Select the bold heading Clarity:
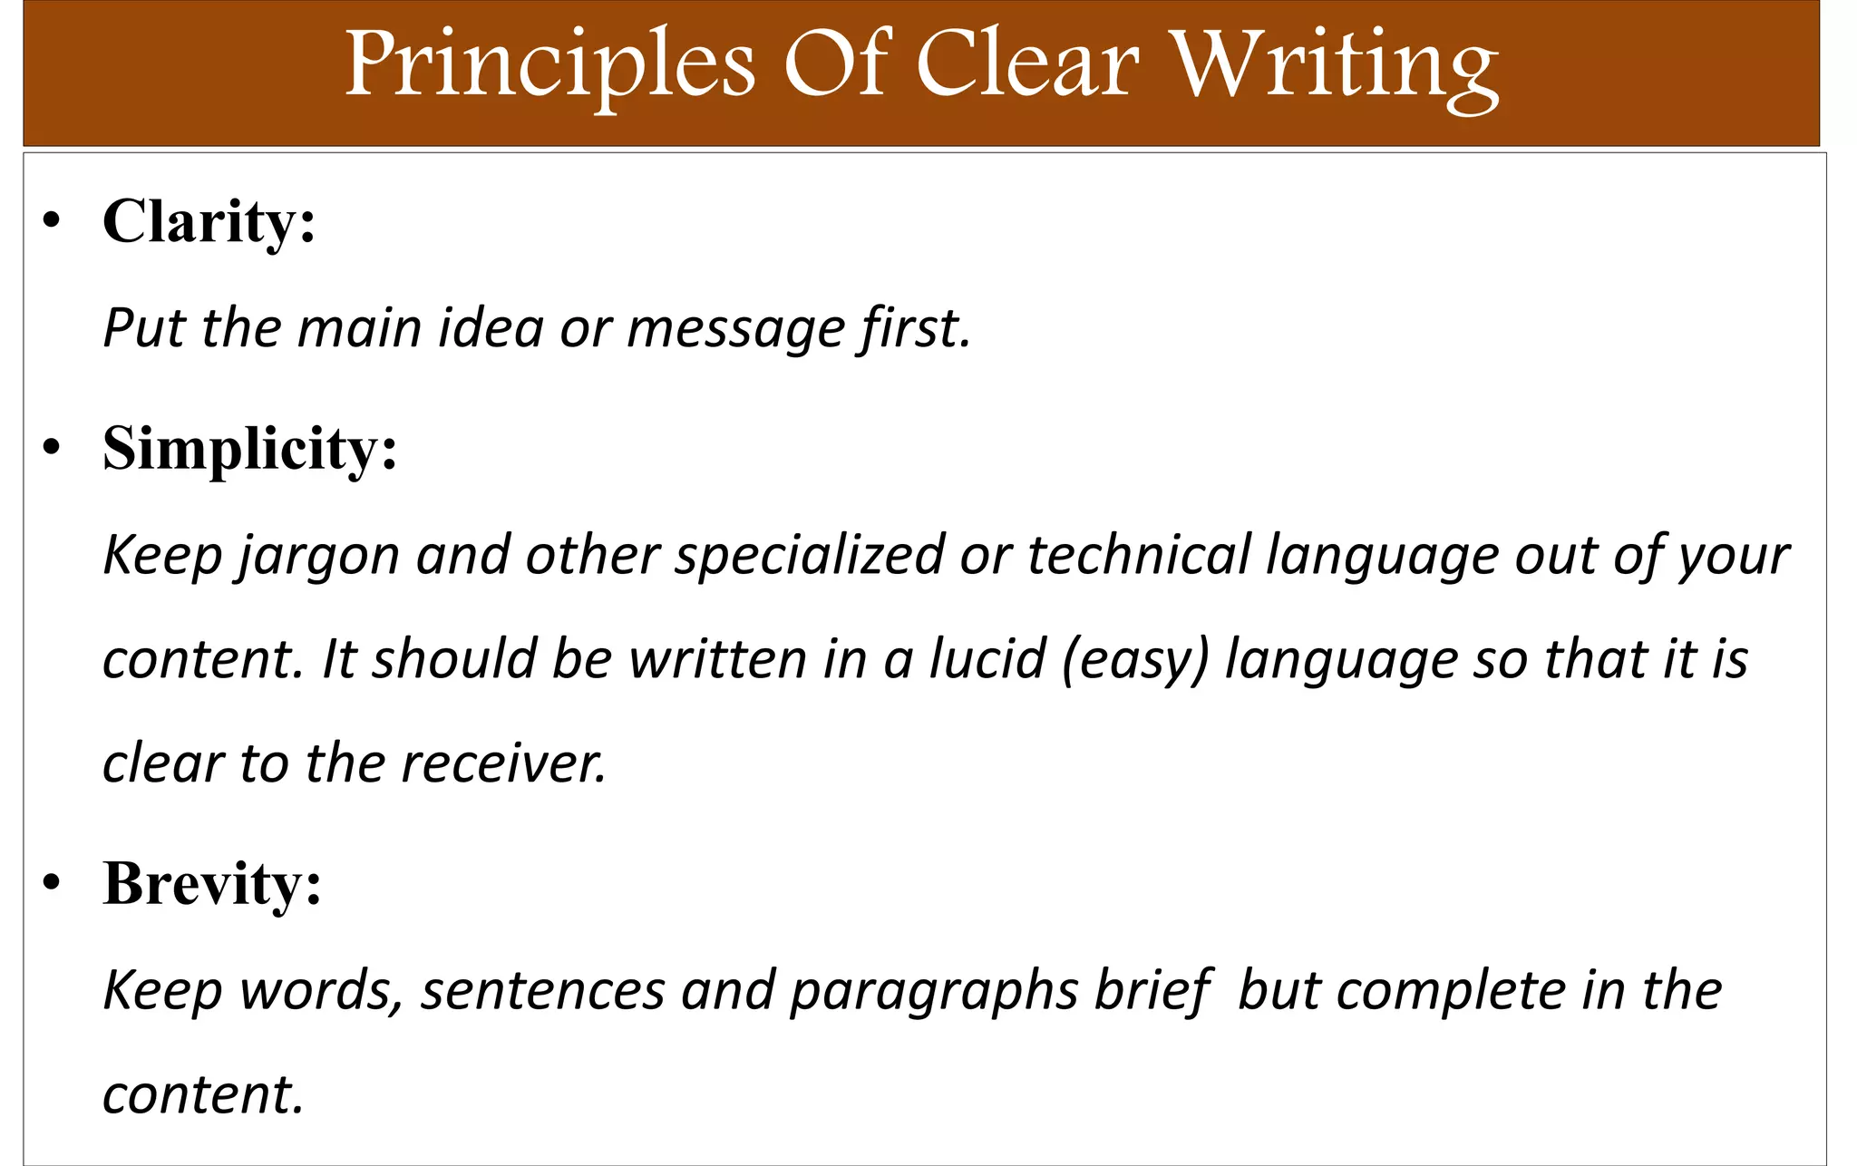(209, 221)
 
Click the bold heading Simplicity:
(250, 448)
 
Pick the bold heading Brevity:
(212, 883)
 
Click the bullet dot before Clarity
(53, 221)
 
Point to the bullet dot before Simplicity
(53, 448)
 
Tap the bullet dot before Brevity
(53, 883)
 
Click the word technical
(1139, 555)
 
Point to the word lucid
(987, 658)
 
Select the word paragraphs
(934, 990)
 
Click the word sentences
(544, 990)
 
